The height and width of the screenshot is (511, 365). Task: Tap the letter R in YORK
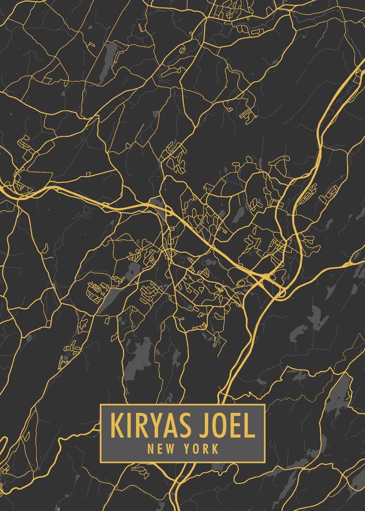pos(207,448)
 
